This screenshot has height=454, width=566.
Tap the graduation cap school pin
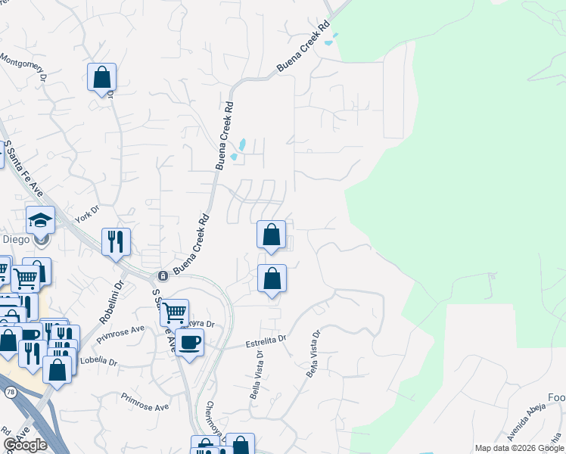pos(40,220)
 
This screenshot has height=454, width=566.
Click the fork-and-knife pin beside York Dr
pos(116,242)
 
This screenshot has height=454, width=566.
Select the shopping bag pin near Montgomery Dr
pos(101,77)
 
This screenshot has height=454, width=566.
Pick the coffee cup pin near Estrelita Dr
pos(189,342)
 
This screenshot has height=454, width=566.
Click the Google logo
pos(26,445)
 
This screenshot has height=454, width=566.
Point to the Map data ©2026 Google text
pos(519,448)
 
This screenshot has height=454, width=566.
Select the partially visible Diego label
pos(16,239)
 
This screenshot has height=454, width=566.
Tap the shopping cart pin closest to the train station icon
pos(174,311)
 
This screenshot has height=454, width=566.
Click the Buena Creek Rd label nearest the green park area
pos(305,48)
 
